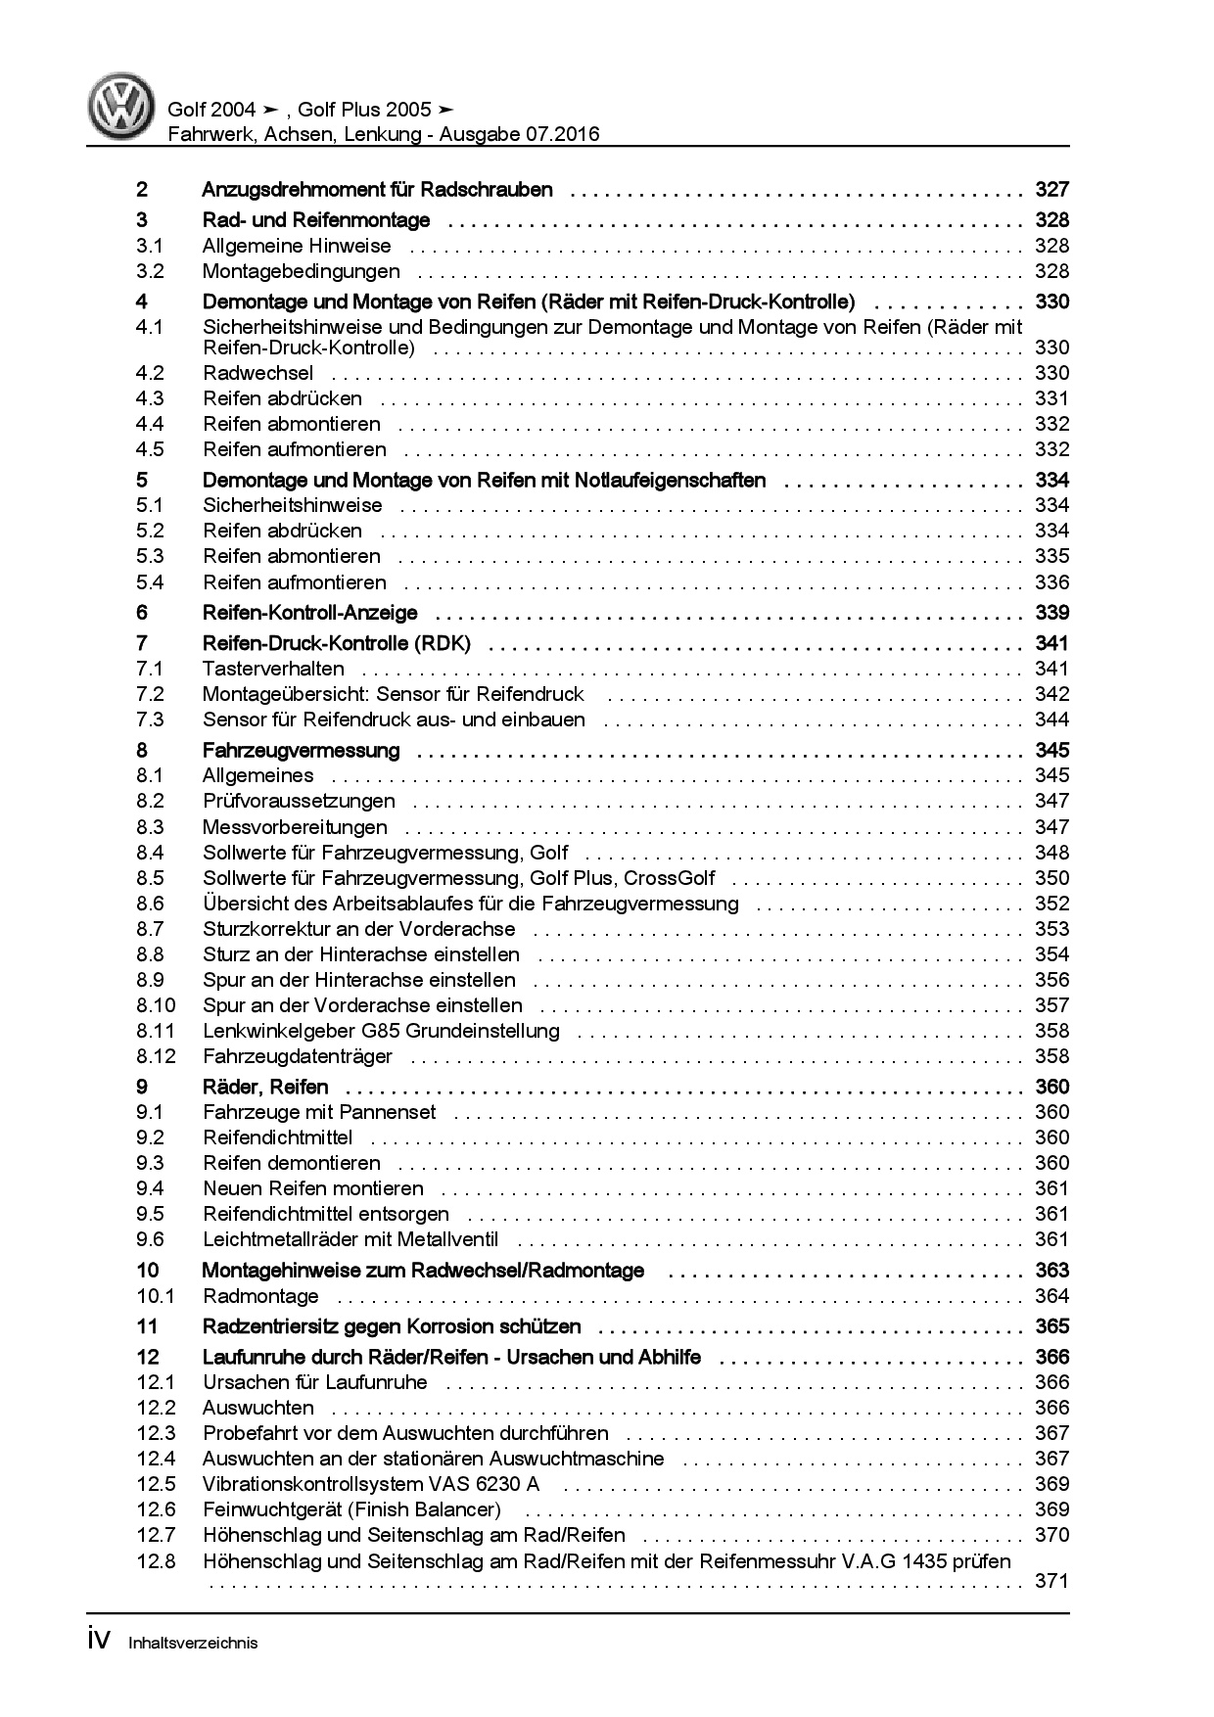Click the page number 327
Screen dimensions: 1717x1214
[x=1051, y=190]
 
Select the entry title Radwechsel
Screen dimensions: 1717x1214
[x=258, y=373]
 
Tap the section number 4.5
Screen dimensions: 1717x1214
[x=150, y=449]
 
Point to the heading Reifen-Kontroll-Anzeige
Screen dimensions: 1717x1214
[x=309, y=613]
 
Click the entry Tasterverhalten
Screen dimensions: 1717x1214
[x=273, y=669]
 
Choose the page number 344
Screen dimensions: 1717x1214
[x=1051, y=719]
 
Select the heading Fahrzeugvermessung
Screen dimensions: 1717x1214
[x=301, y=751]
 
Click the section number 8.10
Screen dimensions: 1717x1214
[x=156, y=1005]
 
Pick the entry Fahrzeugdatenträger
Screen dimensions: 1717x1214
[x=298, y=1056]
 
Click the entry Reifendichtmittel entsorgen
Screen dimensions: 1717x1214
[x=326, y=1214]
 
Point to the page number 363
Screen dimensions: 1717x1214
[x=1051, y=1271]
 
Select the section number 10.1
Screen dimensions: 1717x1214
[x=155, y=1296]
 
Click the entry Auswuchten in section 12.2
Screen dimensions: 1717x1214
[x=258, y=1408]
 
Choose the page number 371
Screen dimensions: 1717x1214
[x=1051, y=1581]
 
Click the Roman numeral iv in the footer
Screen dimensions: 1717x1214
[x=102, y=1641]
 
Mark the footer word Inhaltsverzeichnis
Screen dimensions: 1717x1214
[x=193, y=1644]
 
